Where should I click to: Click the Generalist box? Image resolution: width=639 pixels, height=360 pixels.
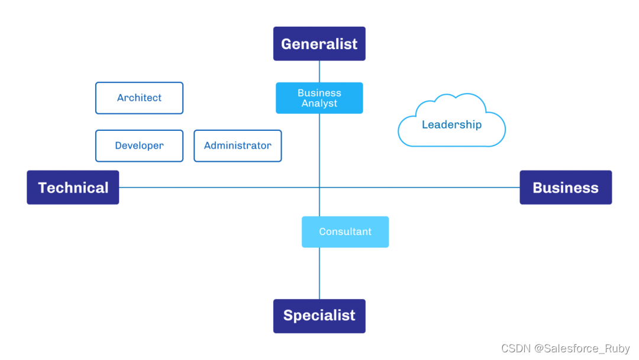(x=319, y=43)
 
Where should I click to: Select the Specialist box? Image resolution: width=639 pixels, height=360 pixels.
(x=319, y=316)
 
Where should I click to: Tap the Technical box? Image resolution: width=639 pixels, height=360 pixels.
(x=73, y=188)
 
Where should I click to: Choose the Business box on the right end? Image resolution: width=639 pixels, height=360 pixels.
(x=565, y=188)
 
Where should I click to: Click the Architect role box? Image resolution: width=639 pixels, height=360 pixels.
(x=139, y=98)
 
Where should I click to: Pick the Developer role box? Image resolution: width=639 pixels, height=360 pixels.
(x=139, y=146)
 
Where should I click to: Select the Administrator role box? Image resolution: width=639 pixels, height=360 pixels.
(x=237, y=146)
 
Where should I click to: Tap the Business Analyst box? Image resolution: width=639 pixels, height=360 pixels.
(x=319, y=98)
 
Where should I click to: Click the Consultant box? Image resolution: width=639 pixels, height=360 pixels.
(x=345, y=232)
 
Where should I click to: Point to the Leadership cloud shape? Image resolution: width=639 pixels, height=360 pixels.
(x=451, y=121)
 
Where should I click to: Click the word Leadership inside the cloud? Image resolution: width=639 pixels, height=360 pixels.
(x=451, y=125)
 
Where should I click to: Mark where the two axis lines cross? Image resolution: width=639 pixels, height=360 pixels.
(x=319, y=188)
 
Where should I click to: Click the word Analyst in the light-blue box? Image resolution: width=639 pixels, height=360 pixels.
(x=319, y=104)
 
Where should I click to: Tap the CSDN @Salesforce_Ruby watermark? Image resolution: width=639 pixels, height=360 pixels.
(x=565, y=349)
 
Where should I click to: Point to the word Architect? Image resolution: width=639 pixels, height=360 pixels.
(x=139, y=98)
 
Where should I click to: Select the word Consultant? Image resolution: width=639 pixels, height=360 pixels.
(x=345, y=232)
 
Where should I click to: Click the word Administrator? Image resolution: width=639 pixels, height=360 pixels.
(x=237, y=146)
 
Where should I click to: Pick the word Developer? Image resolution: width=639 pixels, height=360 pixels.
(x=139, y=146)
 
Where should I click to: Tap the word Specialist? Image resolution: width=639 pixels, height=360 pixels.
(x=319, y=316)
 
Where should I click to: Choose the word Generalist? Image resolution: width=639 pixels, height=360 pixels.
(x=319, y=44)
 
